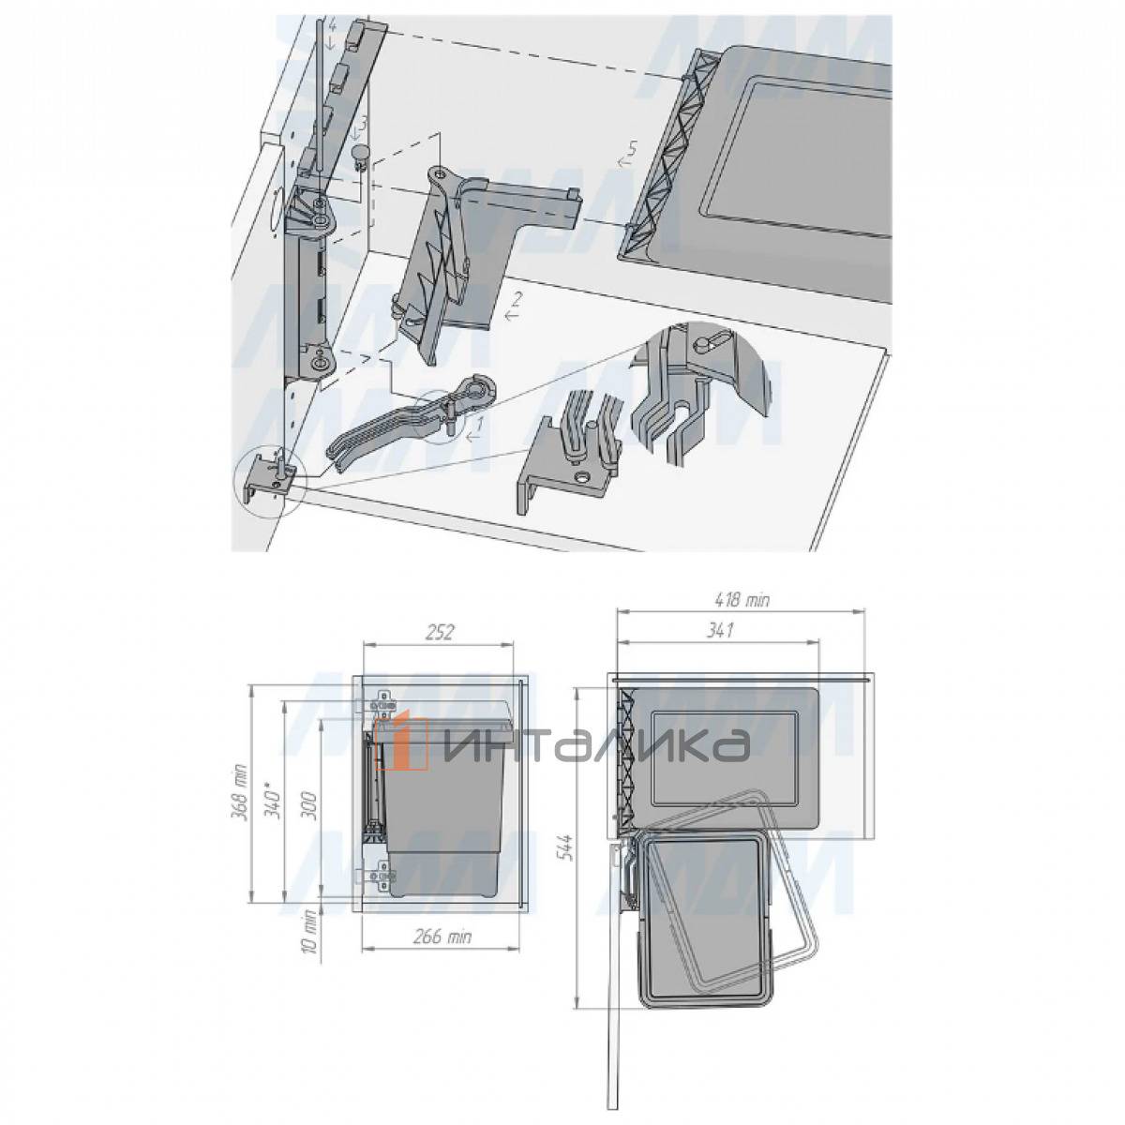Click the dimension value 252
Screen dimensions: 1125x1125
(x=440, y=633)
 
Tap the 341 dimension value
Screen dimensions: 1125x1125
(x=719, y=631)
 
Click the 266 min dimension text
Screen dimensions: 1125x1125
(x=442, y=937)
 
